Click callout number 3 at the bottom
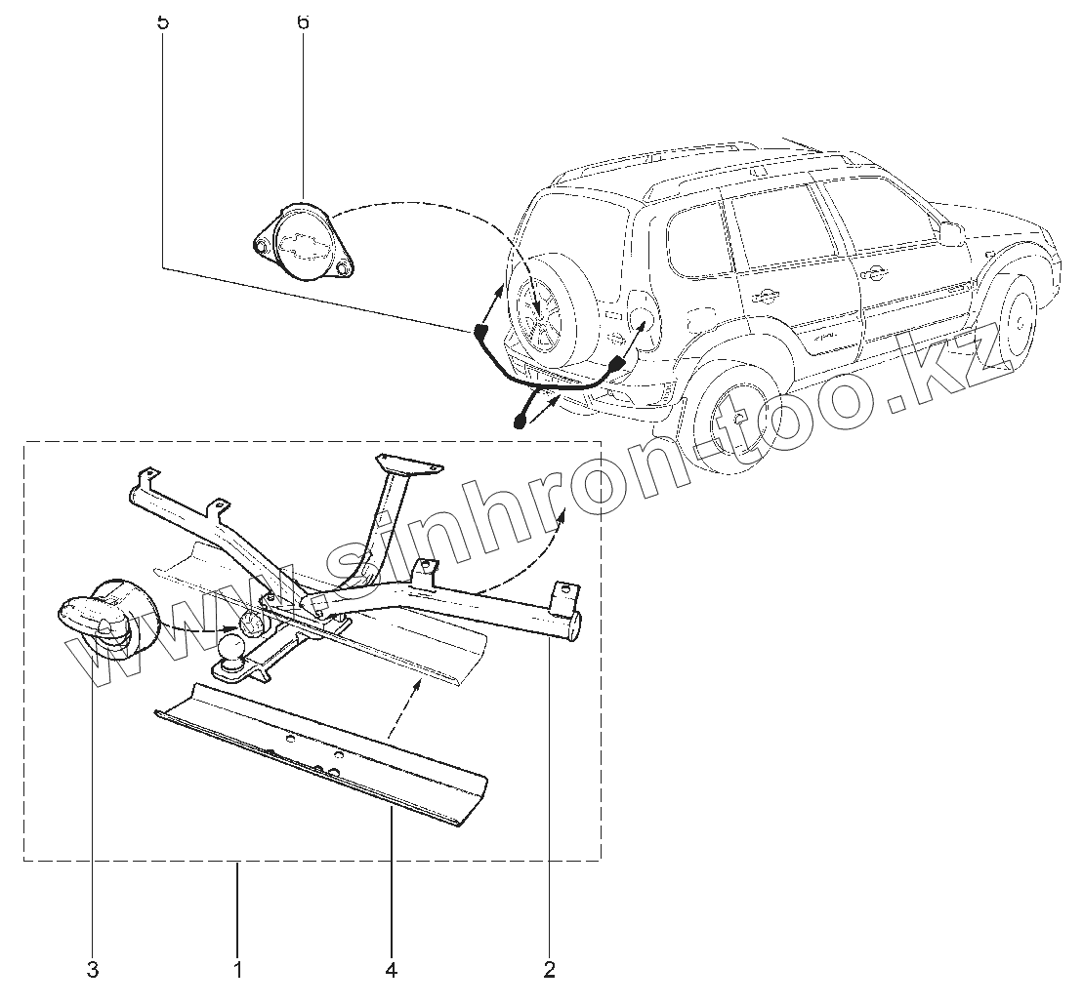pyautogui.click(x=93, y=970)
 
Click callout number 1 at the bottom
pyautogui.click(x=237, y=970)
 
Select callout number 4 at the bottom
pyautogui.click(x=392, y=970)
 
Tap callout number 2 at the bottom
pyautogui.click(x=550, y=970)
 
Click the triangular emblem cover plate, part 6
pyautogui.click(x=303, y=245)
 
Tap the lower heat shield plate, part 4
pyautogui.click(x=322, y=750)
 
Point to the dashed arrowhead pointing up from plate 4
pyautogui.click(x=421, y=684)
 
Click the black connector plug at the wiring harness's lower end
pyautogui.click(x=520, y=423)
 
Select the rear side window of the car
pyautogui.click(x=699, y=238)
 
